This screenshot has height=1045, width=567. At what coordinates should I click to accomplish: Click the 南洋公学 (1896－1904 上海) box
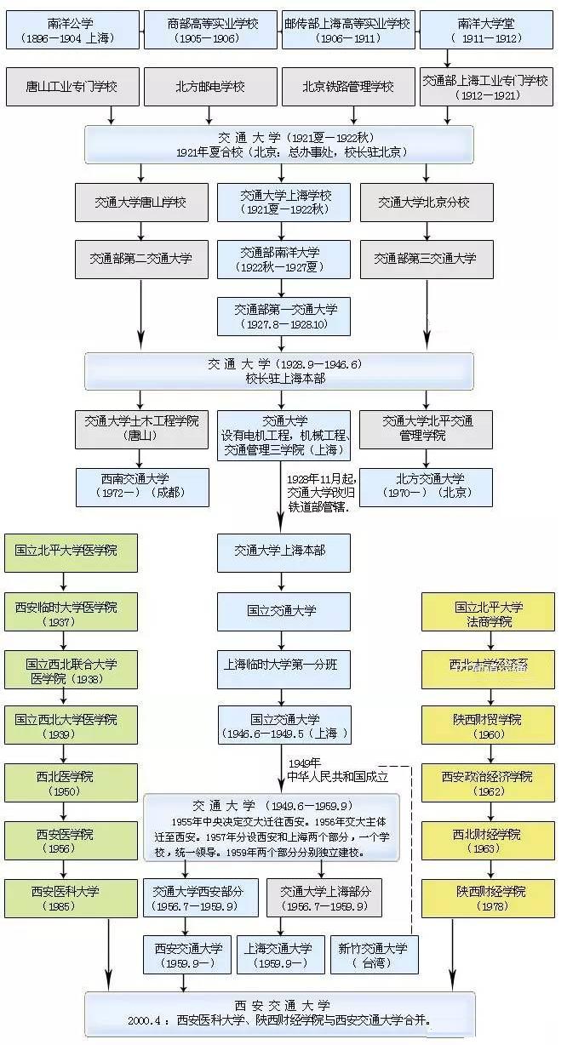pos(72,31)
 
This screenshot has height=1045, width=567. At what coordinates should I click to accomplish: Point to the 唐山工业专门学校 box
pos(72,87)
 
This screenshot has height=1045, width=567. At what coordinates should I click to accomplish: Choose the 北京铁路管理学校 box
pos(348,87)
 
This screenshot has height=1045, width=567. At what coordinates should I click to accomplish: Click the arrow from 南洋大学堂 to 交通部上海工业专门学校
pos(448,59)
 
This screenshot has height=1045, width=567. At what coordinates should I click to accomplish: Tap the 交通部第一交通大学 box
pos(283,316)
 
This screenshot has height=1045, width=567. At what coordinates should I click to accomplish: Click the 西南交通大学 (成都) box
pos(141,486)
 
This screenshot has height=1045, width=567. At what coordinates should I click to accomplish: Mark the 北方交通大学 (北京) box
pos(427,486)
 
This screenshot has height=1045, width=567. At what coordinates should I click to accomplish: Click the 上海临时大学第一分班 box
pos(283,665)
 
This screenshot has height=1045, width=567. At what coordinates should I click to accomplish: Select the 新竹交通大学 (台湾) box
pos(375,954)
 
